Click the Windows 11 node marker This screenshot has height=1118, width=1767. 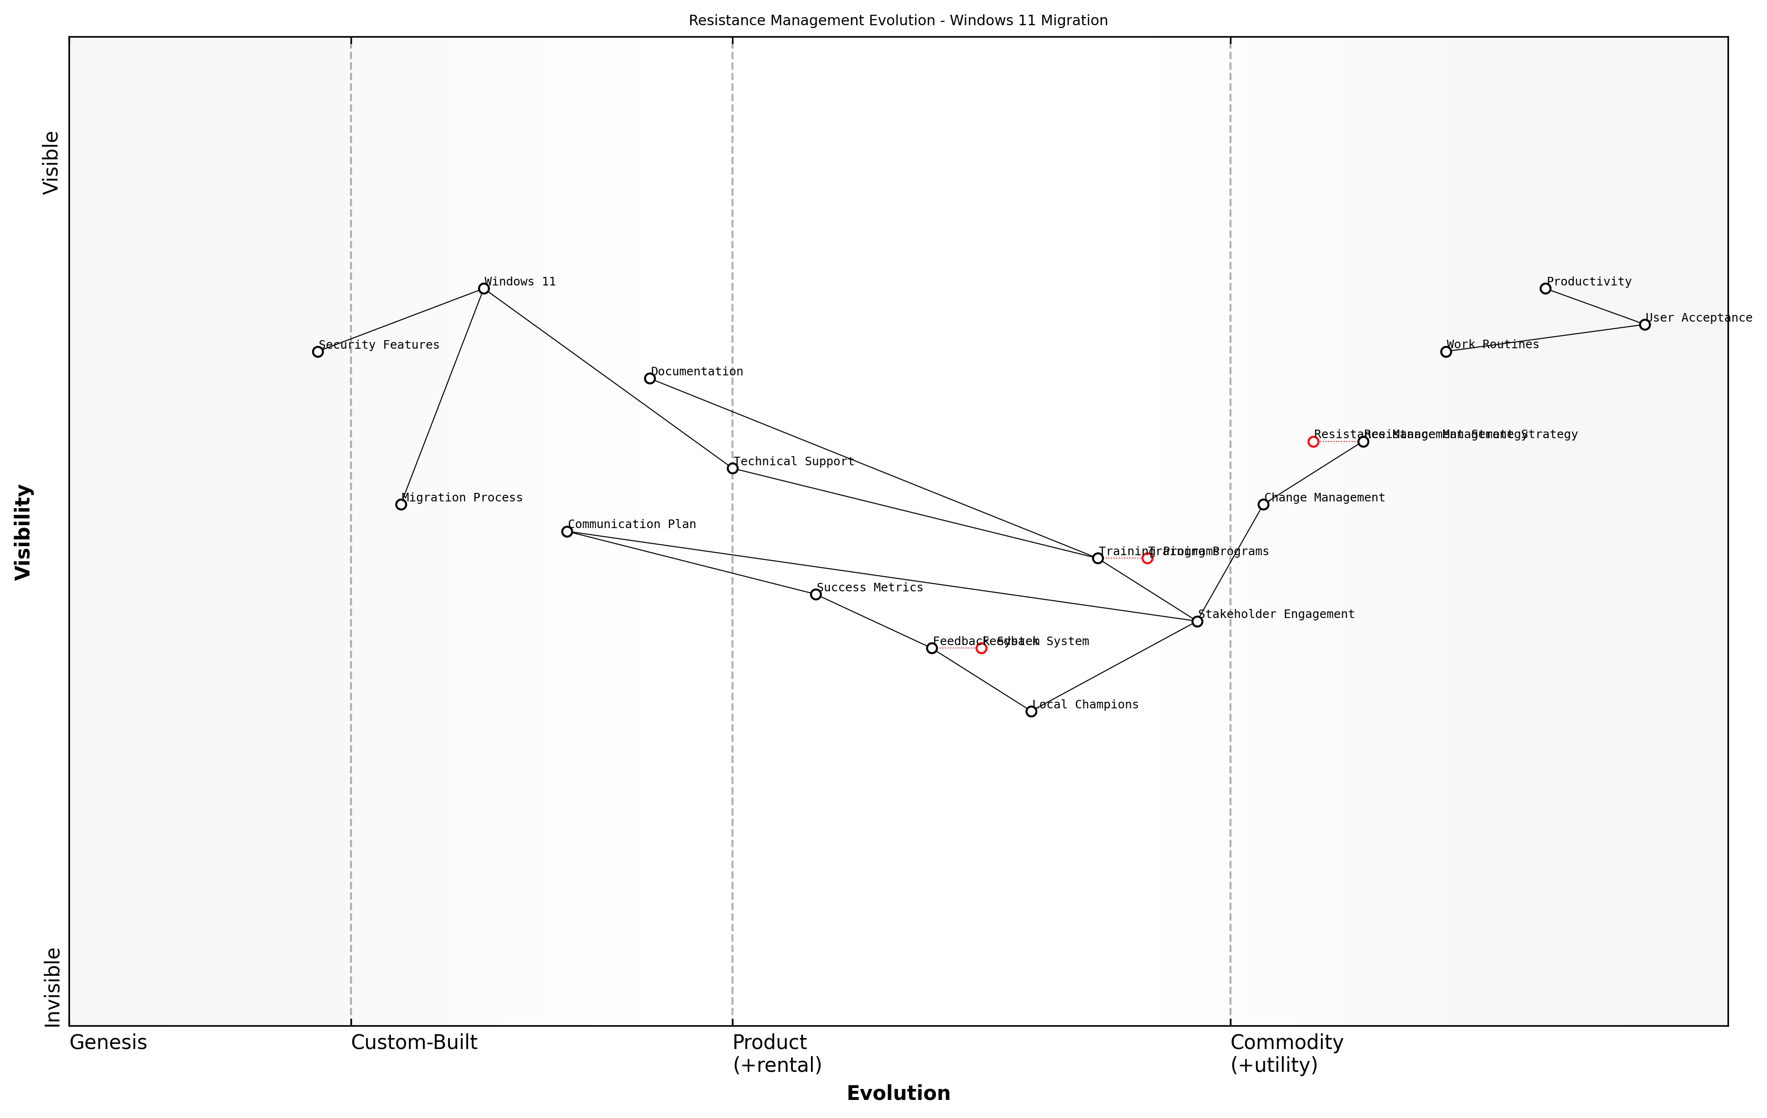tap(484, 288)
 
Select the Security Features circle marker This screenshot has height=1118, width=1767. tap(318, 352)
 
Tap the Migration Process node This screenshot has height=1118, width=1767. tap(400, 504)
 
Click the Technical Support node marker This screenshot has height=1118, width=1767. tap(732, 468)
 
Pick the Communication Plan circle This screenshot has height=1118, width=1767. tap(566, 531)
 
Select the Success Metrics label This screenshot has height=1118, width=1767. tap(869, 587)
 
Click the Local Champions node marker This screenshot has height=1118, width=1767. tap(1031, 711)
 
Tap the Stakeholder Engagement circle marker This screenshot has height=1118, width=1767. tap(1197, 622)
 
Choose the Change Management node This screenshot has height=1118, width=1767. tap(1263, 504)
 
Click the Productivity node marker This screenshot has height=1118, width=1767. tap(1545, 288)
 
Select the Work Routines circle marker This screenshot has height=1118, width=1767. tap(1445, 352)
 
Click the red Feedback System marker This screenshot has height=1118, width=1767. tap(981, 648)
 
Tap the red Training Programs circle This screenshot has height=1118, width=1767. tap(1147, 559)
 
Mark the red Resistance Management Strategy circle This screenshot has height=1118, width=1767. tap(1313, 442)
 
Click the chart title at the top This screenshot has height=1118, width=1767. tap(898, 20)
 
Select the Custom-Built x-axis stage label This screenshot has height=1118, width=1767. tap(414, 1042)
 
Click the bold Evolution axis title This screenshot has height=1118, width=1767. tap(898, 1093)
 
